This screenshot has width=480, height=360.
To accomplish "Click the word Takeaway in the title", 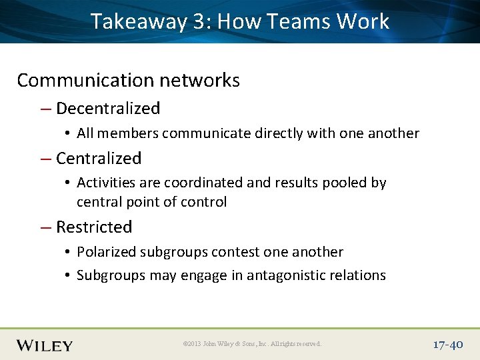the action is coord(139,22).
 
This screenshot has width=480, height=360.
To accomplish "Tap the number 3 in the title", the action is coord(199,22).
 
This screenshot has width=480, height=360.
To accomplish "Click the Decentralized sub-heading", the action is coord(108,109).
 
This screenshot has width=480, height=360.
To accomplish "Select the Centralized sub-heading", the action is coord(99,159).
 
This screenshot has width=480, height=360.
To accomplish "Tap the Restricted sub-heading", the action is coord(94,227).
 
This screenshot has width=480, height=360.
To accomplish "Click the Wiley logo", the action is coord(45,345).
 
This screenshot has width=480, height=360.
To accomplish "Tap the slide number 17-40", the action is coord(447,344).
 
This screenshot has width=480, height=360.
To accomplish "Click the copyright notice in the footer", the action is coord(252,344).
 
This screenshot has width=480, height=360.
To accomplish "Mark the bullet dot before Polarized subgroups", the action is coord(69,253).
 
